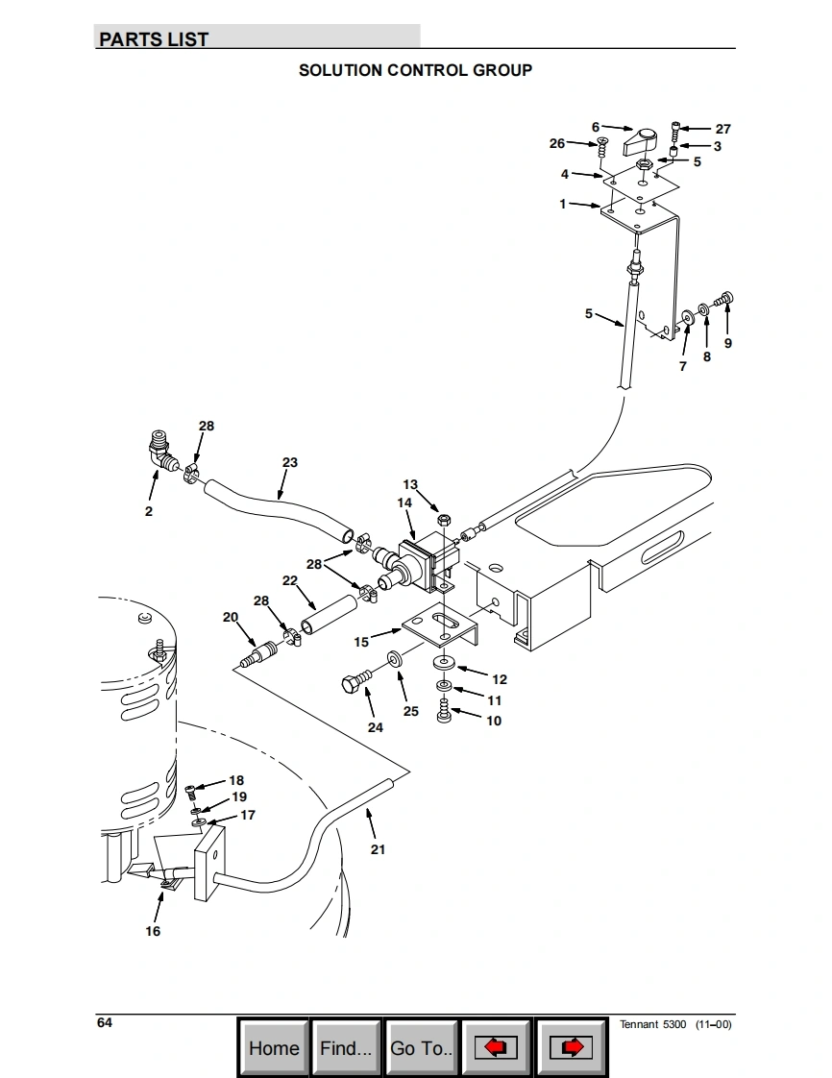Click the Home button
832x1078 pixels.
tap(274, 1048)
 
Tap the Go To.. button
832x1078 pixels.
tap(421, 1048)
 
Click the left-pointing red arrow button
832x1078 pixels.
tap(496, 1048)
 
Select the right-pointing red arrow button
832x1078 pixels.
tap(571, 1048)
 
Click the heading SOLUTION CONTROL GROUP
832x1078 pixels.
tap(415, 70)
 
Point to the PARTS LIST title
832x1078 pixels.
tap(154, 39)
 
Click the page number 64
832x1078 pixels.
tap(105, 1022)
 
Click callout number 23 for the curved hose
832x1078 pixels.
tap(290, 462)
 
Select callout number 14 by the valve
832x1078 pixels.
tap(404, 502)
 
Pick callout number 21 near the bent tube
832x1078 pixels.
tap(378, 849)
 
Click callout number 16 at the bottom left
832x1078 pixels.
tap(153, 931)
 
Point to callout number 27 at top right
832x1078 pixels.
tap(722, 129)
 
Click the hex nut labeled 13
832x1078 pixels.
tap(444, 520)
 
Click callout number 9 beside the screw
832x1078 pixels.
tap(727, 343)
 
